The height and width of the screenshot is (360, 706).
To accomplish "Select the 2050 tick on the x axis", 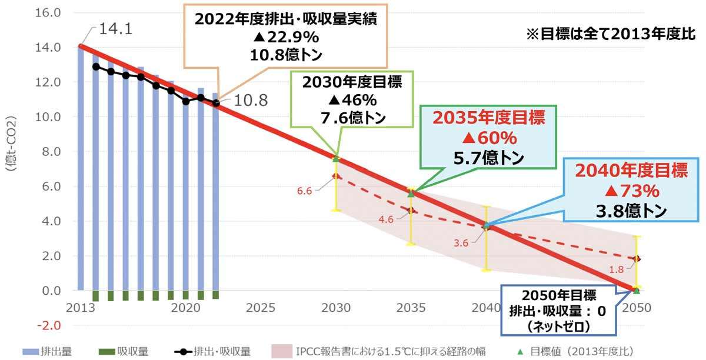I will tap(637, 308).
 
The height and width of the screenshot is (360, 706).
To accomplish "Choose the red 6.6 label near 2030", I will tap(304, 191).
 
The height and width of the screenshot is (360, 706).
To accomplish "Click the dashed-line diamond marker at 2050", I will tap(637, 259).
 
